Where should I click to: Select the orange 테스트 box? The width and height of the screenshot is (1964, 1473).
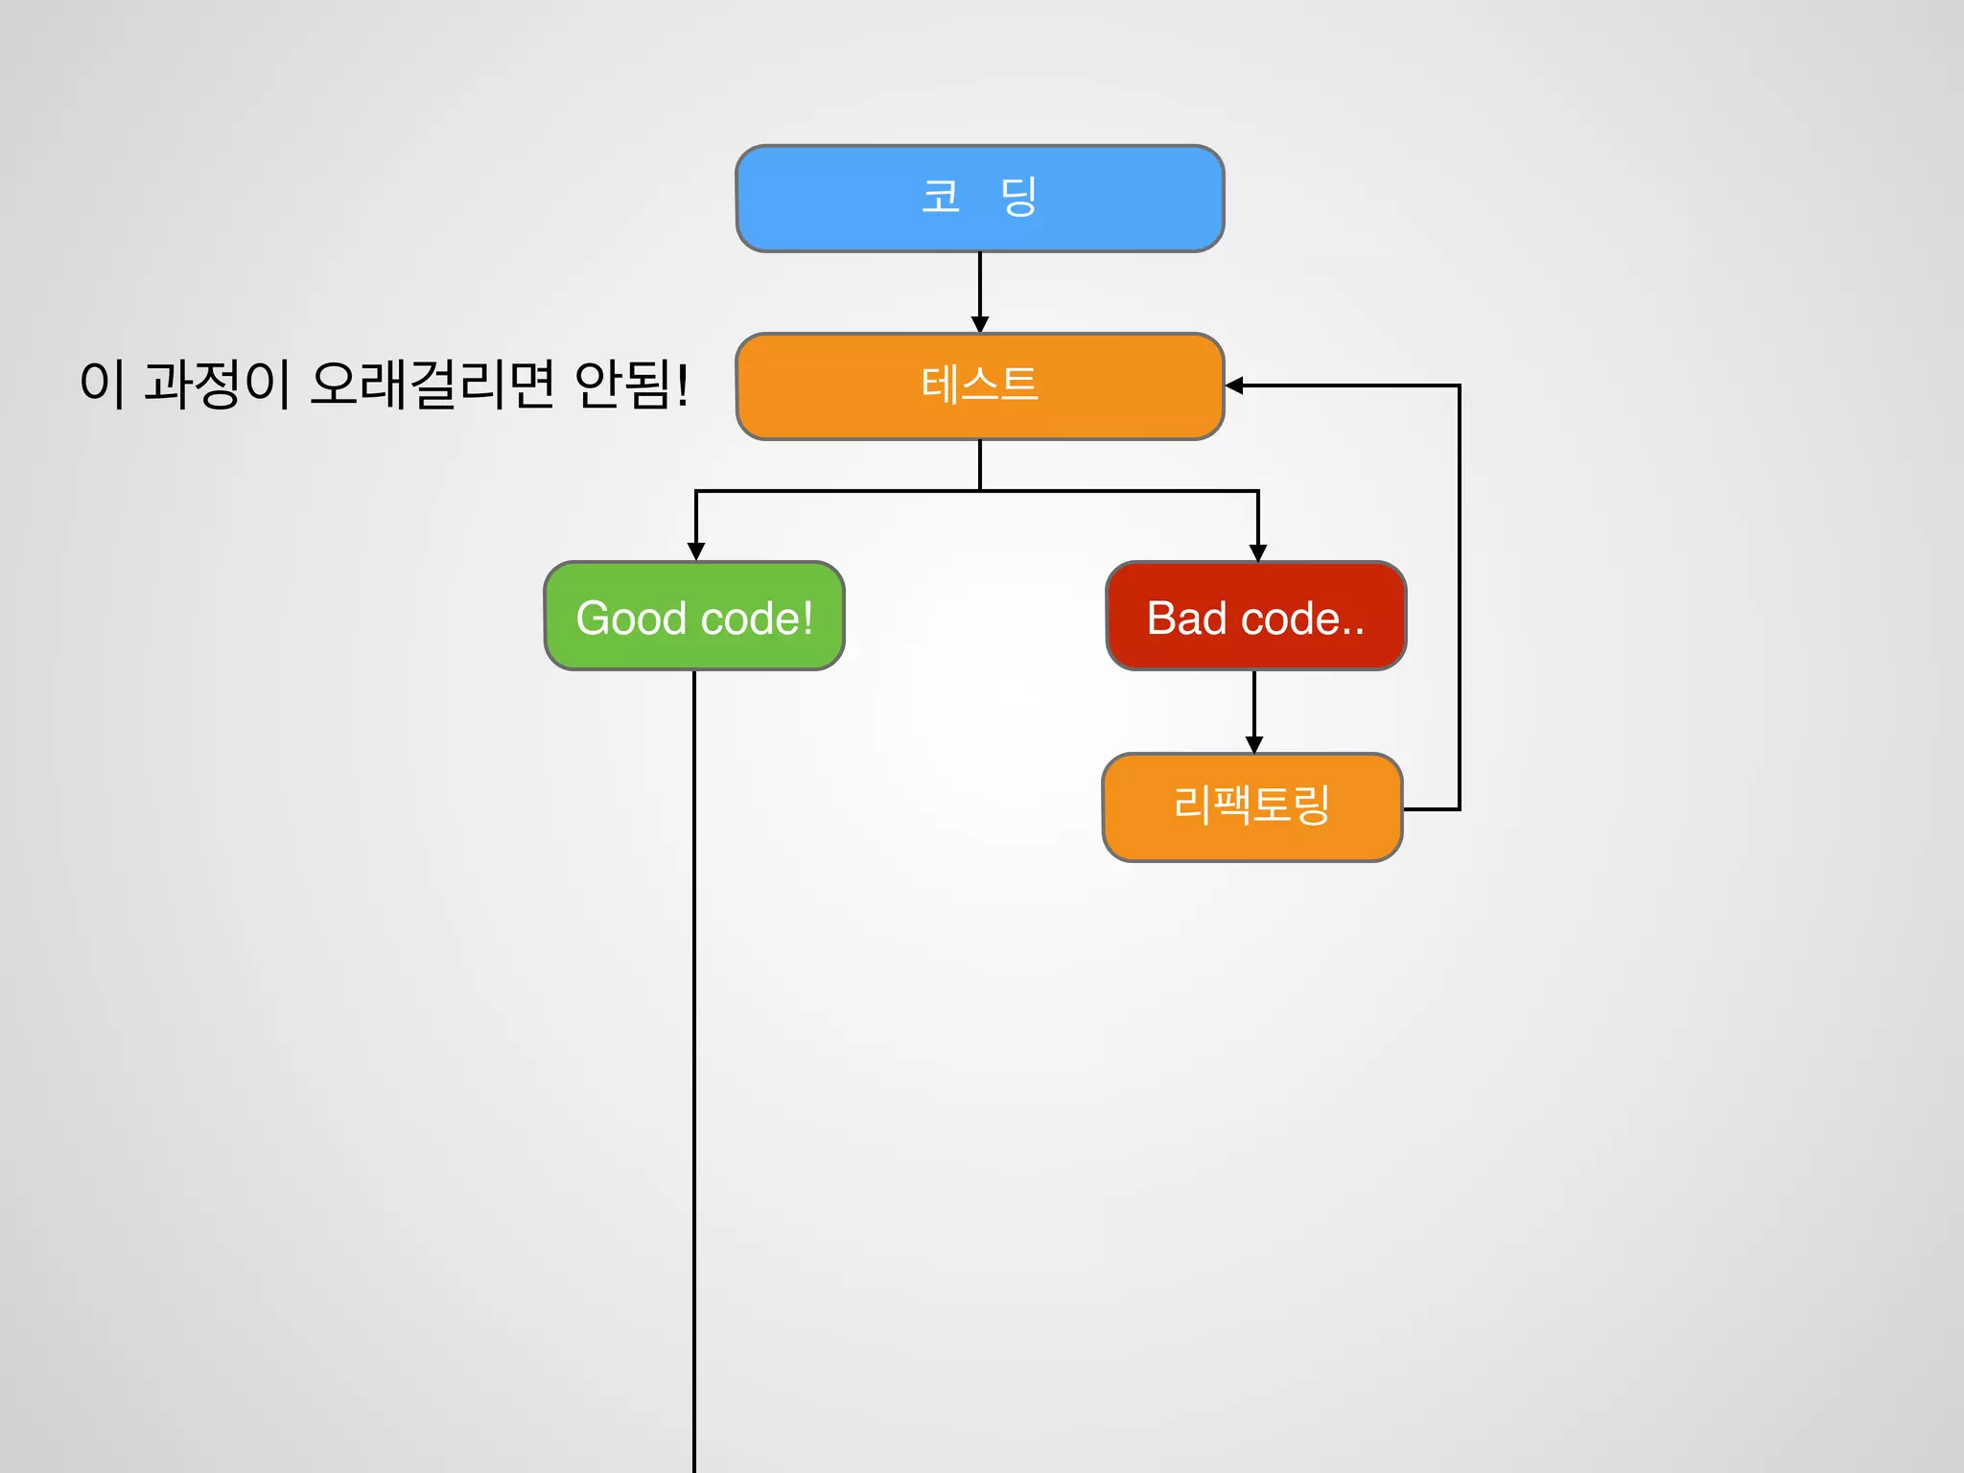979,386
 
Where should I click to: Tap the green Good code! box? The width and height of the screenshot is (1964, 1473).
694,617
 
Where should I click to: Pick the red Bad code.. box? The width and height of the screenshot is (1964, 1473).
1255,617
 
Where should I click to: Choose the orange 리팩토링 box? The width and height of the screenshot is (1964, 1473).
1252,807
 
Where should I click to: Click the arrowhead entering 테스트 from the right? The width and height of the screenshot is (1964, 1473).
1235,386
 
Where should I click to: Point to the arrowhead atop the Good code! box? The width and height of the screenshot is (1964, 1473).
696,551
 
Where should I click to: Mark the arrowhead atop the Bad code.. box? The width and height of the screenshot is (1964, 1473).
1258,552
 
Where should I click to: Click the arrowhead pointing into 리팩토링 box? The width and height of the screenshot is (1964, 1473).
1254,744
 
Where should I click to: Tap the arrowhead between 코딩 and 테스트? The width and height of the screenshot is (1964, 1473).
979,324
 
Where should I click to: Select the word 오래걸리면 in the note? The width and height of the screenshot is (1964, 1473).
433,384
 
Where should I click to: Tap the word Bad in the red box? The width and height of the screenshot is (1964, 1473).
1186,619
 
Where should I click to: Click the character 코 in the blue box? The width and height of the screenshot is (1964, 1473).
941,197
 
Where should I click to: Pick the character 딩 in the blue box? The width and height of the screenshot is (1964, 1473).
1018,197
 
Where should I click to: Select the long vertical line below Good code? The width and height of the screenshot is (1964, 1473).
694,1055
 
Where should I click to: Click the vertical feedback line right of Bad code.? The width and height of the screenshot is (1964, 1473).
1459,595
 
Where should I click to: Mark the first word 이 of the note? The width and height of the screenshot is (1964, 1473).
103,384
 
